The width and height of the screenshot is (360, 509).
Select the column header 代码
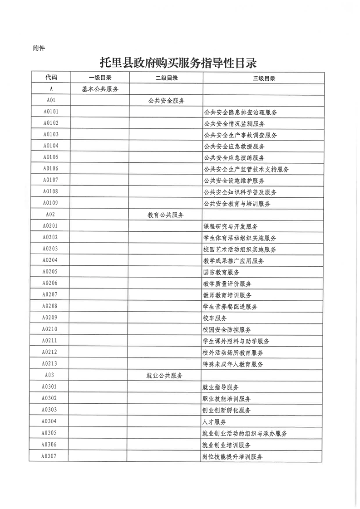(51, 78)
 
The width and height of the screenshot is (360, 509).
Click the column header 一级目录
(100, 78)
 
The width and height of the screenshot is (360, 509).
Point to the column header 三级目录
(264, 78)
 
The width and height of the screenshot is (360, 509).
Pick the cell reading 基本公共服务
(100, 89)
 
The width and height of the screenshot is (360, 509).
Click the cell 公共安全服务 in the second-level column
(166, 100)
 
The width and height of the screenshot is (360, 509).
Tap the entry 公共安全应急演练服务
(234, 157)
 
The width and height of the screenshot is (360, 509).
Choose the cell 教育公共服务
(166, 214)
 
